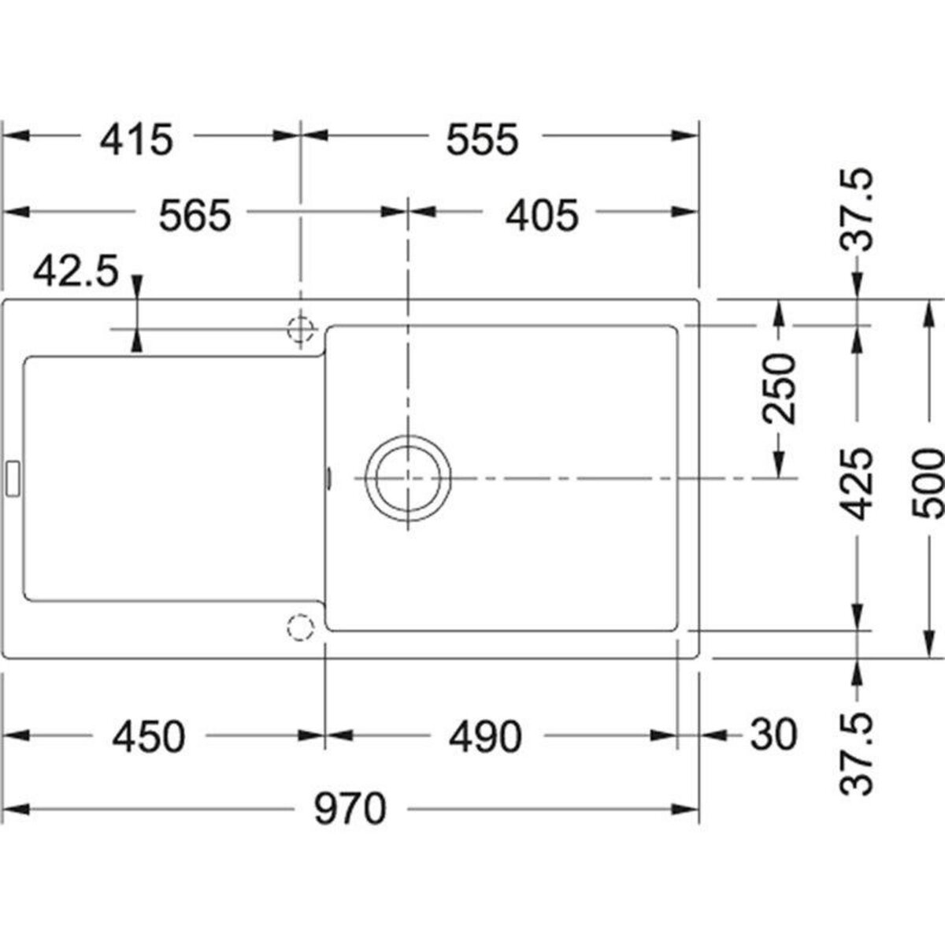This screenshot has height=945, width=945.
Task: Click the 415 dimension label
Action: pos(135,139)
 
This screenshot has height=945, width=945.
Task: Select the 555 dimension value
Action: pos(483,139)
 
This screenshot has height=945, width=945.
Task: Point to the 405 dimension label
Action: pos(542,216)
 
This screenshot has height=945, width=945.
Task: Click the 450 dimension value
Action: pos(149,737)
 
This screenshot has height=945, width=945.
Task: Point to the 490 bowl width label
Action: pos(484,737)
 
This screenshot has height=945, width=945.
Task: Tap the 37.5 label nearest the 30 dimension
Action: pos(856,754)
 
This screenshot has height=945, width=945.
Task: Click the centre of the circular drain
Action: pos(408,479)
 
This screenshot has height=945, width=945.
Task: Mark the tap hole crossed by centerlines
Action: pos(300,328)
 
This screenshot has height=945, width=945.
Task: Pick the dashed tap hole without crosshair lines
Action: pos(299,628)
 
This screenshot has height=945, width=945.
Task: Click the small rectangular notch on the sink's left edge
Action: pos(13,478)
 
